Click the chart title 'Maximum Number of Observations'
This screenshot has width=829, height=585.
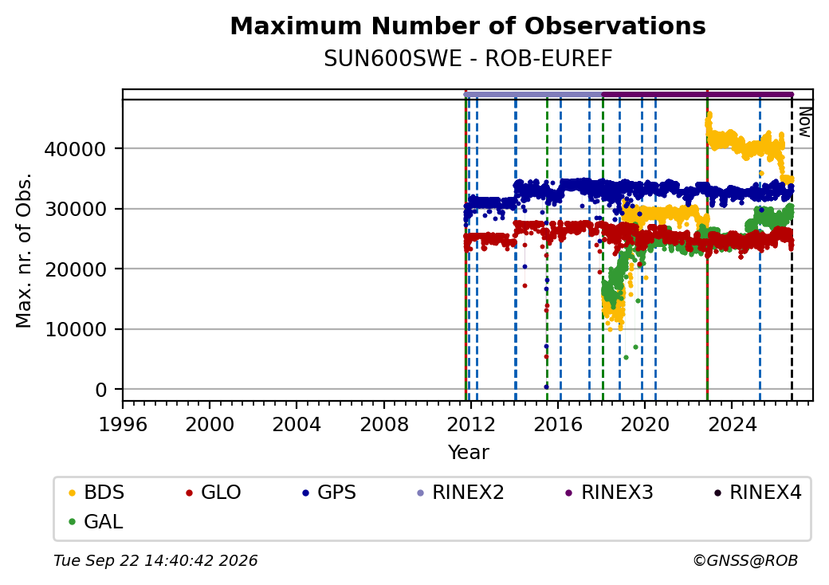pyautogui.click(x=468, y=26)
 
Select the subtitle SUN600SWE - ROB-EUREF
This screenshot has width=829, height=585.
pyautogui.click(x=468, y=59)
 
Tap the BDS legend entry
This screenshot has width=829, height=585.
pyautogui.click(x=96, y=493)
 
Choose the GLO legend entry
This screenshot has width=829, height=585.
pyautogui.click(x=214, y=493)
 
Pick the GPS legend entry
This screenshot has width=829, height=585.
pyautogui.click(x=329, y=493)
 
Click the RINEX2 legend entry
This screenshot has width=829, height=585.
pyautogui.click(x=461, y=493)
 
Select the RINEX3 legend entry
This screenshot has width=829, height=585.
pyautogui.click(x=608, y=493)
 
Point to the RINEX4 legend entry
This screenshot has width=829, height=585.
pyautogui.click(x=757, y=493)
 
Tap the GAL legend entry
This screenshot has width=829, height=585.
pyautogui.click(x=96, y=521)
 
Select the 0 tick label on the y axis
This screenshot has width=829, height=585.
pyautogui.click(x=101, y=390)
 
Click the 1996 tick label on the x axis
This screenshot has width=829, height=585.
pyautogui.click(x=123, y=424)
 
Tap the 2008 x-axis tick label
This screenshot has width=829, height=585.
pyautogui.click(x=384, y=424)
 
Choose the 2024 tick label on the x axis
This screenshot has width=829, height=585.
pyautogui.click(x=733, y=424)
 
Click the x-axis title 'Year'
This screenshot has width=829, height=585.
pyautogui.click(x=469, y=453)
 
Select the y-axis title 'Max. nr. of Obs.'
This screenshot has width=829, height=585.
pyautogui.click(x=24, y=250)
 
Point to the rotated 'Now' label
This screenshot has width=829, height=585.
pyautogui.click(x=804, y=122)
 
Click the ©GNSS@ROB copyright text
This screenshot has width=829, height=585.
pyautogui.click(x=745, y=560)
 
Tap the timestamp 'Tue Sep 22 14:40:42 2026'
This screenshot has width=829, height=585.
pyautogui.click(x=155, y=560)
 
